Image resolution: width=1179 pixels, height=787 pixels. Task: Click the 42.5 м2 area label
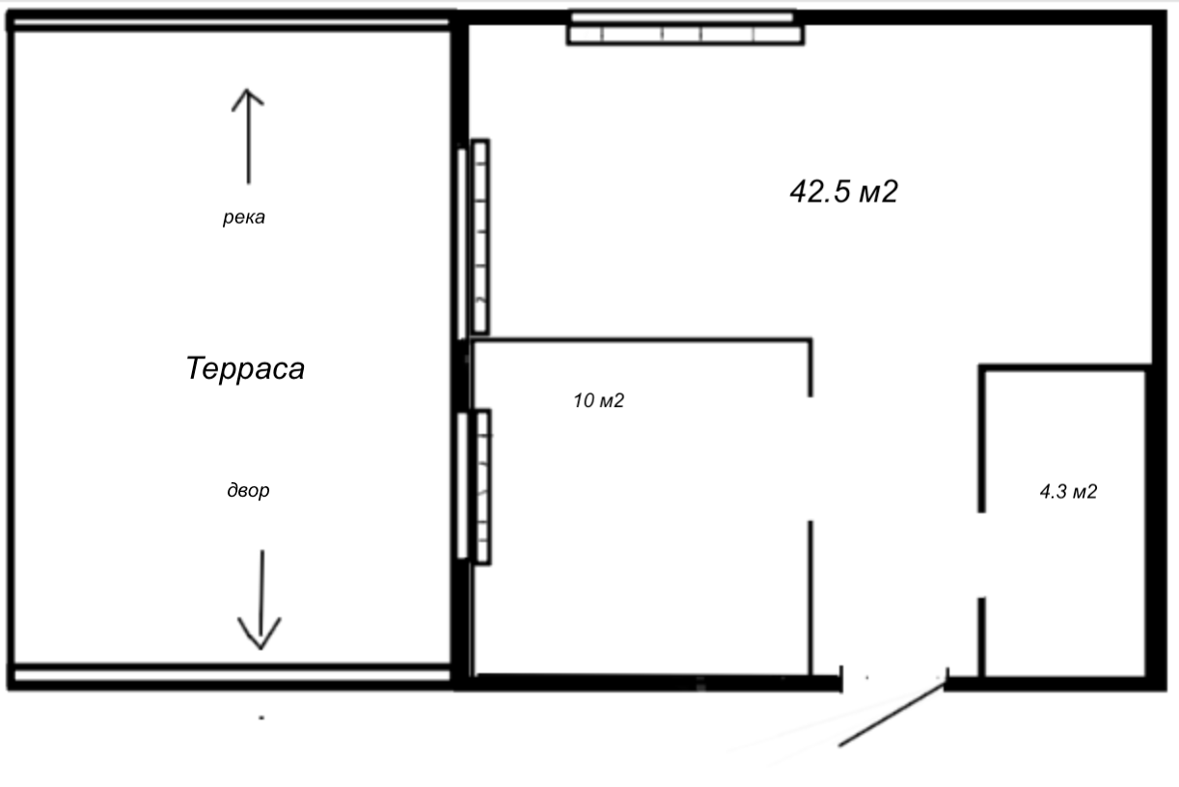tap(843, 191)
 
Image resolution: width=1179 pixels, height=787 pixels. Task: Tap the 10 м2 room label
tap(598, 401)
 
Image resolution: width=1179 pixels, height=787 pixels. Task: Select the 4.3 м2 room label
tap(1068, 492)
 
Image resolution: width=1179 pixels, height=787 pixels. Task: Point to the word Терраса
tap(245, 368)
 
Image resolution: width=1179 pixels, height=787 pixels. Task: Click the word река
tap(244, 217)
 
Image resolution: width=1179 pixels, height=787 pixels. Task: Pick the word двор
tap(248, 490)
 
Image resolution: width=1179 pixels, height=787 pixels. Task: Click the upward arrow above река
tap(248, 137)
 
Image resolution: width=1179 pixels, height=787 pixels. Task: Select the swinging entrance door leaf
tap(891, 714)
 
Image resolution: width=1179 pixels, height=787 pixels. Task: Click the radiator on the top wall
tap(685, 35)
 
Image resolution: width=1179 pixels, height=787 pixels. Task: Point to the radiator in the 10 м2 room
tap(482, 487)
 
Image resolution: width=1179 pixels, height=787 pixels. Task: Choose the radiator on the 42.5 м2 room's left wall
tap(480, 236)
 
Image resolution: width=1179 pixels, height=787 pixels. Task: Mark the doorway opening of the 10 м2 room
tap(810, 459)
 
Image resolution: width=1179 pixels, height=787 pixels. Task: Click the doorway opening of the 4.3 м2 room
tap(981, 555)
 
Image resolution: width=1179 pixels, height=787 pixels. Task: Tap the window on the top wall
tap(683, 17)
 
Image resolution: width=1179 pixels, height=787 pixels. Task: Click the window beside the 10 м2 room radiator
tap(463, 485)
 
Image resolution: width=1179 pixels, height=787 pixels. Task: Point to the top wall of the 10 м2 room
tap(643, 341)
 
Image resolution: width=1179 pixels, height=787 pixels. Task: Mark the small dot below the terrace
tap(261, 718)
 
